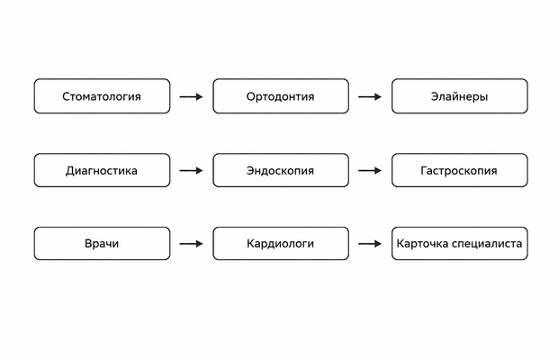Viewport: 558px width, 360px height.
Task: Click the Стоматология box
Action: (102, 96)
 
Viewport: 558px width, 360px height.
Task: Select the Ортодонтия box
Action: (281, 96)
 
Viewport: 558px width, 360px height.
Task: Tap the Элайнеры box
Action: (459, 96)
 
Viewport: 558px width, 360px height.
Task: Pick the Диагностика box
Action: (102, 170)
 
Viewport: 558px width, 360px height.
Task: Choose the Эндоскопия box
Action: (281, 170)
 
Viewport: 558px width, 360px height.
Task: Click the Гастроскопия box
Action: (459, 170)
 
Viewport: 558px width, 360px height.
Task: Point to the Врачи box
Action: (102, 244)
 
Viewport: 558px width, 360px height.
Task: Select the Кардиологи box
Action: (281, 244)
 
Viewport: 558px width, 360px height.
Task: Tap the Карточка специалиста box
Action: (459, 244)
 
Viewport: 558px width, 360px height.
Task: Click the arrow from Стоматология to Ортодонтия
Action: (191, 96)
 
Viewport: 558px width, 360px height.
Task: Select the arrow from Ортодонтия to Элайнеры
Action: (370, 96)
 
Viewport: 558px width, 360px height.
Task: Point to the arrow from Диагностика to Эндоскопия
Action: (191, 171)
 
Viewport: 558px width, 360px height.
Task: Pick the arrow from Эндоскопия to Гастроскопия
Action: (370, 171)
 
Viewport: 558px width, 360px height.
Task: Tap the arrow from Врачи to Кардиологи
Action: (191, 244)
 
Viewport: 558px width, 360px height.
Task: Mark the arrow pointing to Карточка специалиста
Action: (370, 244)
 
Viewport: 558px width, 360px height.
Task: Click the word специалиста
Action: (487, 244)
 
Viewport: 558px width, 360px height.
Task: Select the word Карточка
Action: (422, 244)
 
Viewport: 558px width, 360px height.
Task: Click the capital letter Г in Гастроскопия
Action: (424, 170)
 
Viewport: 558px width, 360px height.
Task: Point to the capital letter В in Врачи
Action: (88, 244)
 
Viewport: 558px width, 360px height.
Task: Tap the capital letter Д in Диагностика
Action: (70, 171)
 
